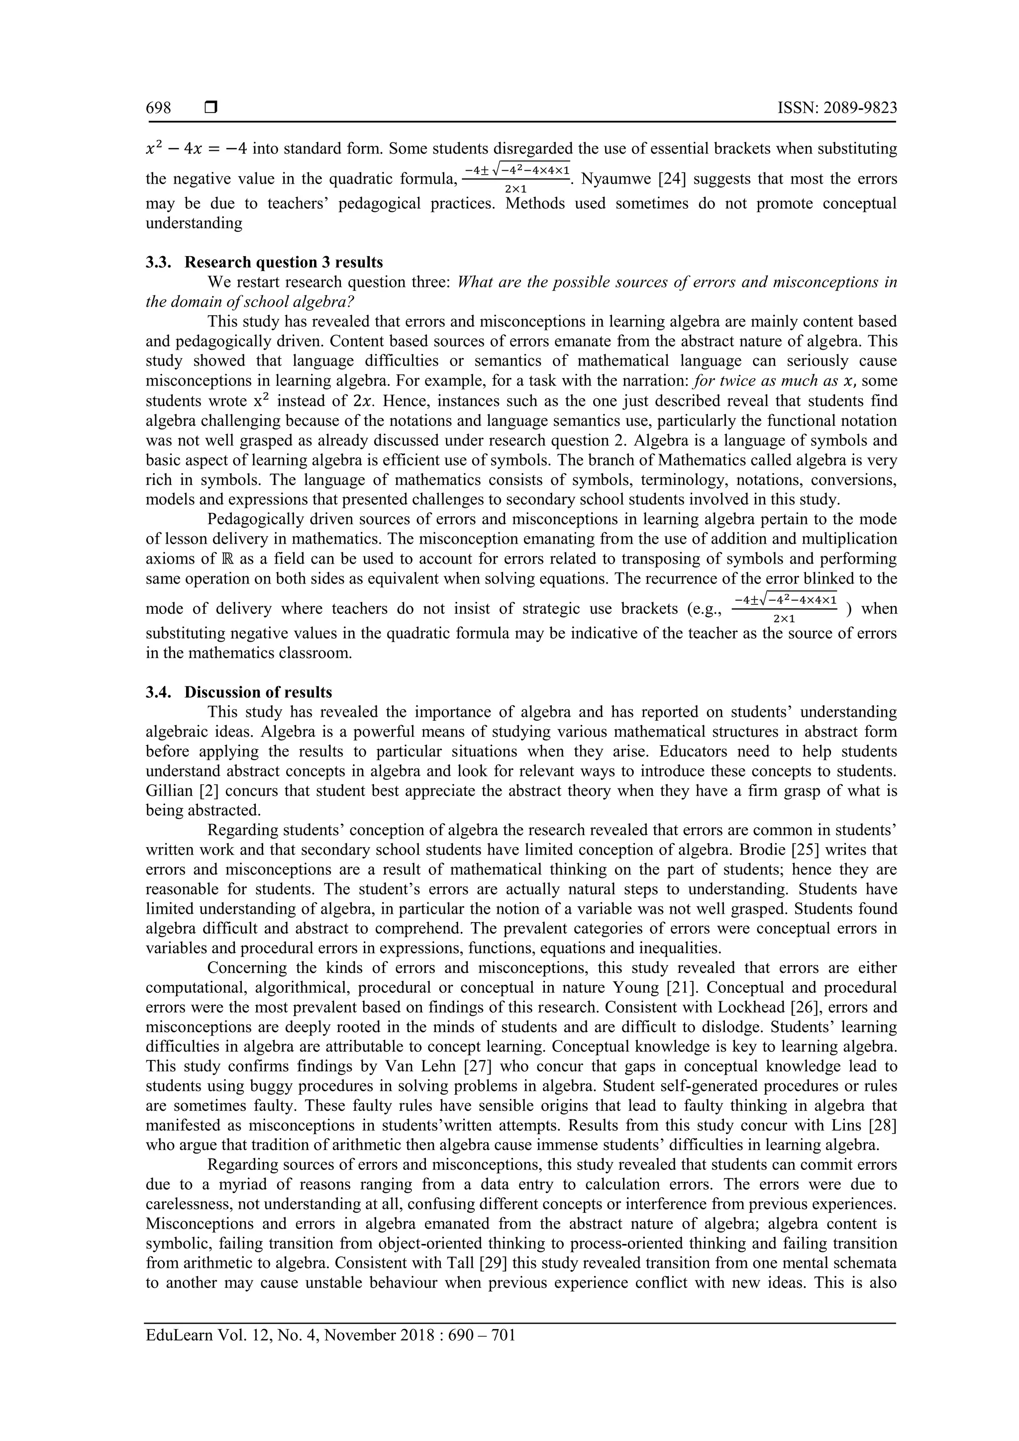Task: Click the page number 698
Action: pos(158,108)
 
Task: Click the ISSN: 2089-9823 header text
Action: pos(837,108)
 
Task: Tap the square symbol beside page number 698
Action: pos(211,108)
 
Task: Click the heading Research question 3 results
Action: pos(283,262)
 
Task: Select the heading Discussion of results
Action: pos(258,692)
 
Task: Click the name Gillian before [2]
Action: pos(168,791)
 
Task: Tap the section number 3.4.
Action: pos(158,692)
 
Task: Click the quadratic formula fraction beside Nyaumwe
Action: pos(516,178)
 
